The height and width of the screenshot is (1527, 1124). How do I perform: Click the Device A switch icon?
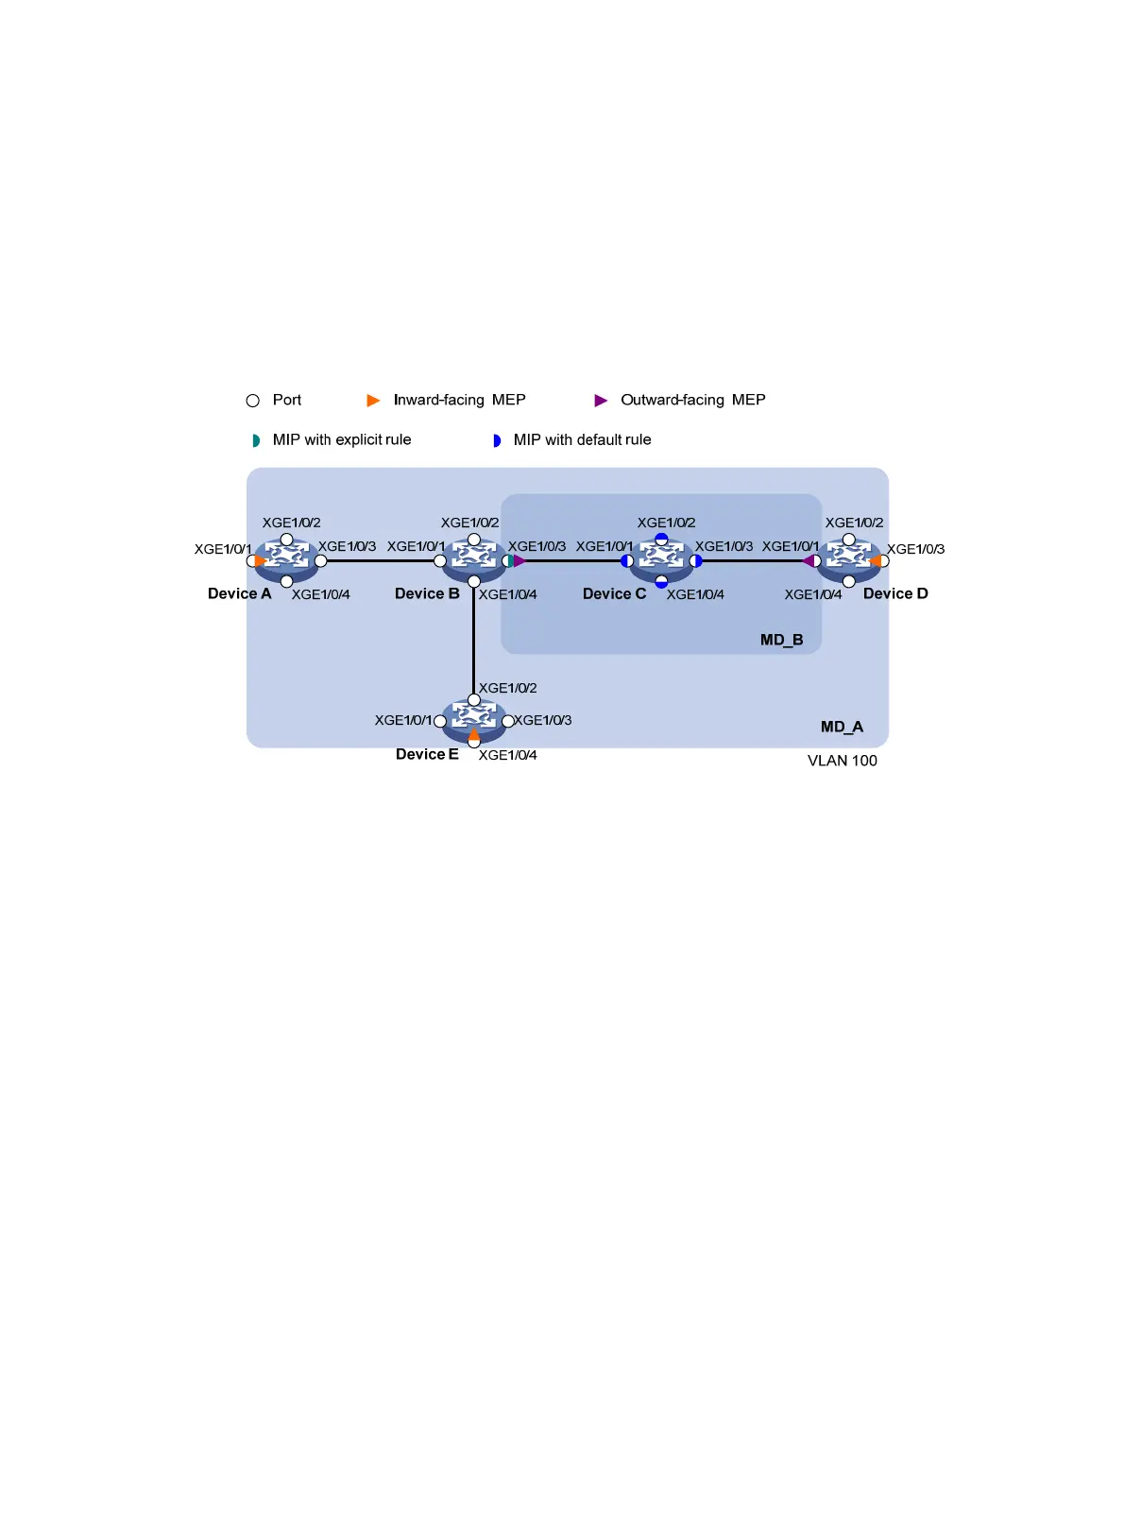pos(286,560)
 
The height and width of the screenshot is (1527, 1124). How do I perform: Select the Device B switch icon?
pos(474,560)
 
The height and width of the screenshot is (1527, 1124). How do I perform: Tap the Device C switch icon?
pos(661,560)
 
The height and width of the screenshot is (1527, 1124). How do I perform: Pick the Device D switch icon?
pos(848,560)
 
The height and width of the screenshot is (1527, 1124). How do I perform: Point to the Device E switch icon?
pos(474,721)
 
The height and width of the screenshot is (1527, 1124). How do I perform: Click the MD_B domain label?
pos(781,640)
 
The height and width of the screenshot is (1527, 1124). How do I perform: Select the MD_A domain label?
pos(842,727)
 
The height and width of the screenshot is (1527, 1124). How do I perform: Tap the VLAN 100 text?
pos(842,761)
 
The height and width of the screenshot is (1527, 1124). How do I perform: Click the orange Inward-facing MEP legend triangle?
pos(373,401)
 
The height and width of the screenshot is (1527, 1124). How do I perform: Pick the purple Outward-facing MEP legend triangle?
pos(601,401)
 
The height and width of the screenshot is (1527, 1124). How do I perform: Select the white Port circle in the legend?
pos(253,401)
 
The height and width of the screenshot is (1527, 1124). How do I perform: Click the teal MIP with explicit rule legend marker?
pos(256,440)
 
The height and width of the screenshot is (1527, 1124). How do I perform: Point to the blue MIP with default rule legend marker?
pos(497,440)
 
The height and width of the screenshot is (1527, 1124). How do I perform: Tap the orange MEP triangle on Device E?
pos(474,733)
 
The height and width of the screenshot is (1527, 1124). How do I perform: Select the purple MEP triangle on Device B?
pos(519,560)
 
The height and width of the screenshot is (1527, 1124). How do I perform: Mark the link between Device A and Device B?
pos(380,560)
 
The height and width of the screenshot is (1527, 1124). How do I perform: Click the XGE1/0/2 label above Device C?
pos(666,523)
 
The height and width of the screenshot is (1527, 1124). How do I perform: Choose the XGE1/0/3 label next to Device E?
pos(542,720)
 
